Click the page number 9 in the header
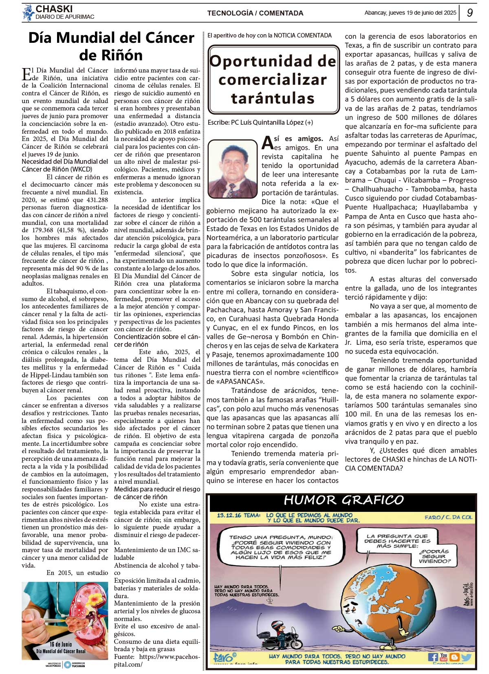pyautogui.click(x=470, y=13)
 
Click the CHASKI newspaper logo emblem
pyautogui.click(x=28, y=13)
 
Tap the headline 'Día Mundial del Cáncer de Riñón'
pyautogui.click(x=111, y=46)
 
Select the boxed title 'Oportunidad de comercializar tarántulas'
pyautogui.click(x=273, y=79)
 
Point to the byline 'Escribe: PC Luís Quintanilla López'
pyautogui.click(x=260, y=122)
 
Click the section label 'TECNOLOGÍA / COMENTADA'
pyautogui.click(x=255, y=13)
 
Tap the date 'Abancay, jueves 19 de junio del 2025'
pyautogui.click(x=410, y=13)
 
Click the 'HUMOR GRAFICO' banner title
pyautogui.click(x=344, y=500)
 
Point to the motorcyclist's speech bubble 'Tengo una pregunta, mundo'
pyautogui.click(x=281, y=547)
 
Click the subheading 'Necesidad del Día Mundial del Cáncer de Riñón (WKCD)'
pyautogui.click(x=65, y=165)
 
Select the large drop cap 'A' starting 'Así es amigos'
pyautogui.click(x=267, y=143)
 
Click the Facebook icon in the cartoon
pyautogui.click(x=432, y=657)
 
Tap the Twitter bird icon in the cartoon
pyautogui.click(x=466, y=657)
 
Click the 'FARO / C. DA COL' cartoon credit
pyautogui.click(x=448, y=517)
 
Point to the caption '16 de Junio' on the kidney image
pyautogui.click(x=61, y=644)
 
